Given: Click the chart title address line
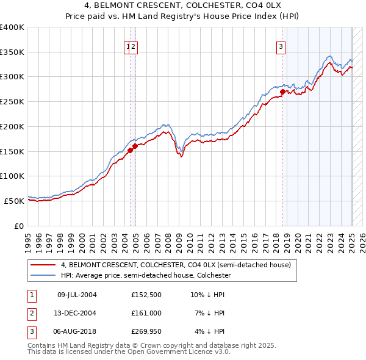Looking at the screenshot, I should (x=182, y=6).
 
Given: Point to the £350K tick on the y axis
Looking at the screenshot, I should (x=12, y=52).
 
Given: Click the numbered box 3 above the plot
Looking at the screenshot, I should (x=281, y=46).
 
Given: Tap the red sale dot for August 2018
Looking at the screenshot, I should (x=282, y=92).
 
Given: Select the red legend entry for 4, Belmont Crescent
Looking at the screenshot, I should (x=178, y=265).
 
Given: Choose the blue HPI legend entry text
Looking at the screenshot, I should (x=145, y=275).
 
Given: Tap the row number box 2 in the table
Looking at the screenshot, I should (x=31, y=313).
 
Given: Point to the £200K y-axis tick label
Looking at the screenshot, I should (x=12, y=127).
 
